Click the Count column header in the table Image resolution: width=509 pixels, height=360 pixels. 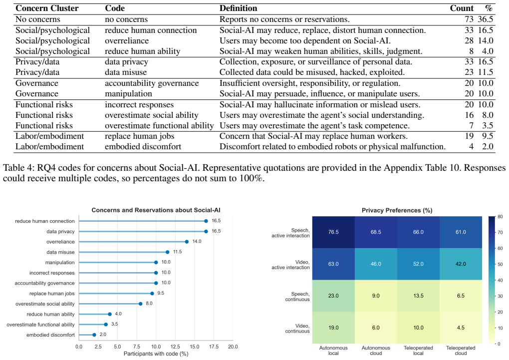click(x=462, y=8)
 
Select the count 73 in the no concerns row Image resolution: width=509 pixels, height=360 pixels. click(x=469, y=19)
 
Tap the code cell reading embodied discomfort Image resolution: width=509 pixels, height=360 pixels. click(x=143, y=146)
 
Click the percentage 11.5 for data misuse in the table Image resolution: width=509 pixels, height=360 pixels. click(x=486, y=72)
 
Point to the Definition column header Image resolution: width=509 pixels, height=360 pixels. click(x=238, y=8)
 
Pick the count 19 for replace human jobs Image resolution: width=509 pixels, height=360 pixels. click(x=469, y=136)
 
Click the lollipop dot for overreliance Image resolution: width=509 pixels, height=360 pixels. click(x=187, y=242)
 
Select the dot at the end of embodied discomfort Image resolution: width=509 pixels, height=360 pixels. click(x=94, y=335)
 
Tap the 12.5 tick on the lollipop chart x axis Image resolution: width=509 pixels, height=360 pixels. click(x=175, y=347)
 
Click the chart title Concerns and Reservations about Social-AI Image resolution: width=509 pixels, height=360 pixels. click(x=156, y=210)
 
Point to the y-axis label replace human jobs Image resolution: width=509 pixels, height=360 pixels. click(x=52, y=294)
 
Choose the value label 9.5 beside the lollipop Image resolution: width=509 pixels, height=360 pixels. click(x=161, y=293)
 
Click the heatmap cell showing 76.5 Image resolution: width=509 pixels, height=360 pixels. click(x=333, y=232)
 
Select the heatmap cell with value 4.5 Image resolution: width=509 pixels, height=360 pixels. click(x=461, y=328)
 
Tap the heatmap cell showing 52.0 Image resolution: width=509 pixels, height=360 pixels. click(x=418, y=264)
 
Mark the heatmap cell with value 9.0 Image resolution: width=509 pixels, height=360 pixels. click(x=376, y=296)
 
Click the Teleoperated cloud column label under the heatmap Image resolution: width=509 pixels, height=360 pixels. click(x=461, y=351)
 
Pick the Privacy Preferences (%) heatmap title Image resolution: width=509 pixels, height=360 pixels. click(x=397, y=210)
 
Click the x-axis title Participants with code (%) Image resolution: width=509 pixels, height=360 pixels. click(x=156, y=354)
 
